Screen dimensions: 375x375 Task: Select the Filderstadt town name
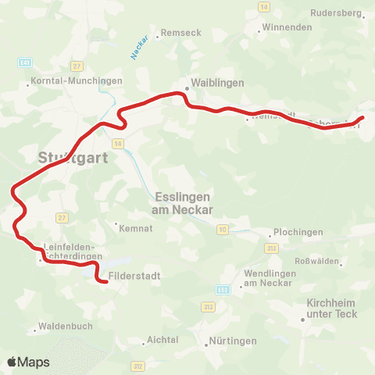click(134, 276)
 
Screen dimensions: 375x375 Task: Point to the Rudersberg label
click(335, 13)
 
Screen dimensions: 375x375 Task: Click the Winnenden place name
click(287, 27)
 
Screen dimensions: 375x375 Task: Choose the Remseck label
click(180, 34)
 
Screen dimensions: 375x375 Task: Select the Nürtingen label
click(232, 341)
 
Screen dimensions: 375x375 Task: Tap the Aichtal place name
click(163, 340)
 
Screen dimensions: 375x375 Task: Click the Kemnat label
click(130, 229)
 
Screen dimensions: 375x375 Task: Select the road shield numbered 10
click(223, 229)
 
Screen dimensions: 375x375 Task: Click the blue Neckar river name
click(139, 51)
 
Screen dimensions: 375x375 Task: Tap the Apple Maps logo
click(27, 362)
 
